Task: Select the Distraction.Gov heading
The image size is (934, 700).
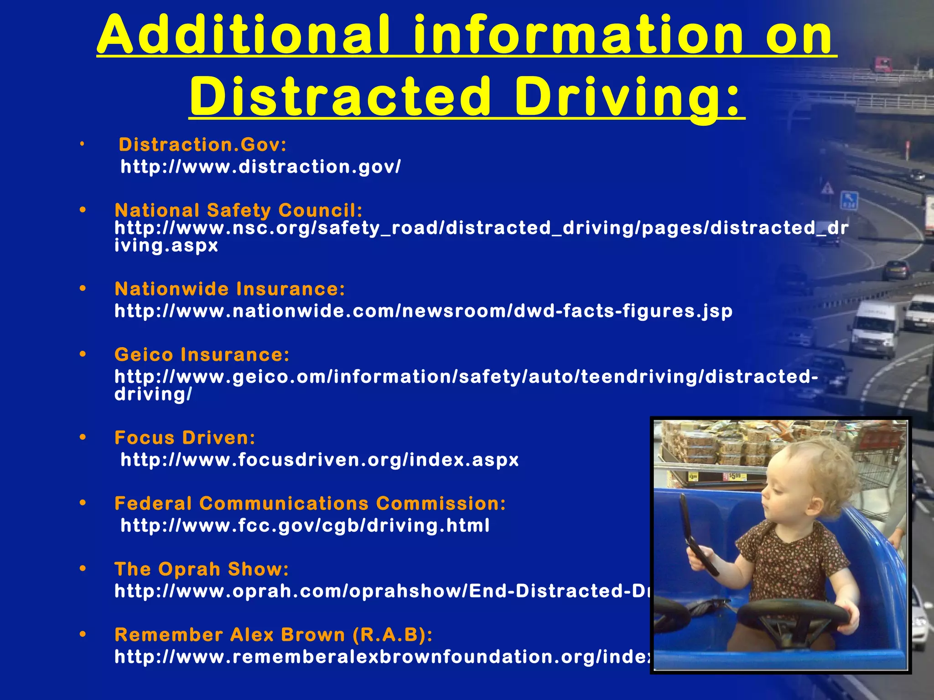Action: (x=202, y=145)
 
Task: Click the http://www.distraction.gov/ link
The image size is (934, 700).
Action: (x=260, y=167)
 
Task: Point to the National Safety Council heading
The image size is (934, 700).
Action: (x=239, y=210)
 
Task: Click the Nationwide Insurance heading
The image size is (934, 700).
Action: (x=230, y=289)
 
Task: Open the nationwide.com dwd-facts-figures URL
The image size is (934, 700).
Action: (x=423, y=311)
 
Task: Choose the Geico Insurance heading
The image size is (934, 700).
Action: (x=202, y=355)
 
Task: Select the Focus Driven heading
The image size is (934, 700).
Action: (x=185, y=437)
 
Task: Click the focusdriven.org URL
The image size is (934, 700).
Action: (x=319, y=459)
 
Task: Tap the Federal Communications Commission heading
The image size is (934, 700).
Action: (x=310, y=504)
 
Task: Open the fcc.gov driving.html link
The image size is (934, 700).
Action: (x=305, y=525)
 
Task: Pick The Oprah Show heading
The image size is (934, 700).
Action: (x=202, y=569)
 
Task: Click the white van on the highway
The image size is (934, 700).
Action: (x=873, y=328)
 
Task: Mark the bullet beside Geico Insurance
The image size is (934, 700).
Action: (x=83, y=354)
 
